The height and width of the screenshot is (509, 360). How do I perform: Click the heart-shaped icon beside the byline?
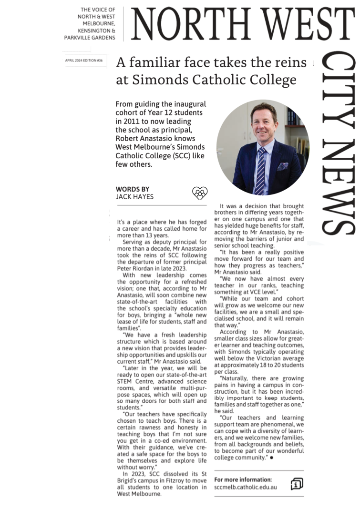[200, 193]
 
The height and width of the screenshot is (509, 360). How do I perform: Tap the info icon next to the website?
[297, 484]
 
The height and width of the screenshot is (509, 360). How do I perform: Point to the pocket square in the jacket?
[283, 166]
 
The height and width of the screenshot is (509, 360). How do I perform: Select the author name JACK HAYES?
[135, 196]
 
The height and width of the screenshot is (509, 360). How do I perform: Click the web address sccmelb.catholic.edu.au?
[246, 488]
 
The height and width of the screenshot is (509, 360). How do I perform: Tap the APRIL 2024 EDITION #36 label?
[84, 61]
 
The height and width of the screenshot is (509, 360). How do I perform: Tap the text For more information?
[243, 479]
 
